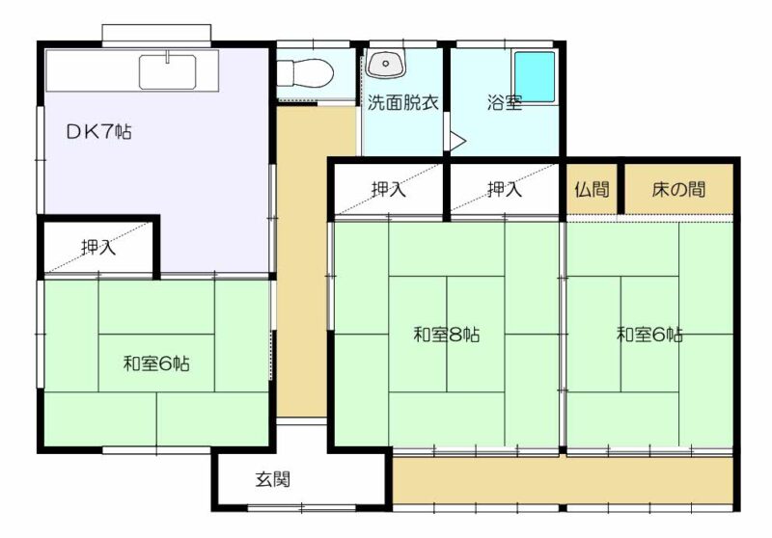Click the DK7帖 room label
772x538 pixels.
[99, 132]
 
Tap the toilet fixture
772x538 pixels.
[305, 74]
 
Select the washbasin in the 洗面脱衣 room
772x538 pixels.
[387, 64]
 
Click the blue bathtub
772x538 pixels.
[535, 77]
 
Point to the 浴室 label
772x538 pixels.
[505, 103]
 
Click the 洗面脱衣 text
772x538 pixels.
[402, 102]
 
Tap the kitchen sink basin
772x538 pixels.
[167, 71]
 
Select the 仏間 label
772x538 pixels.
[592, 189]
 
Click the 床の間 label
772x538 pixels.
[678, 189]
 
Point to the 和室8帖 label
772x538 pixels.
[446, 335]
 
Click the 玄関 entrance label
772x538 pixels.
[273, 479]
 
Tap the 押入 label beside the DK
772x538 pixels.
[98, 246]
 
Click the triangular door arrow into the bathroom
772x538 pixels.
[456, 141]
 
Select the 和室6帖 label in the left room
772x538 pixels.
[156, 363]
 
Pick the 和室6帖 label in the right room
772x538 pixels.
[649, 335]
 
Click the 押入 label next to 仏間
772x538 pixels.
[505, 189]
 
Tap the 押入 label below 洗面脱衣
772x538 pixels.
[389, 189]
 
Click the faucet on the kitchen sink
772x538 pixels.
[168, 57]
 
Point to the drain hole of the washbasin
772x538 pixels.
[386, 63]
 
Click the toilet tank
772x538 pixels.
[285, 74]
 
